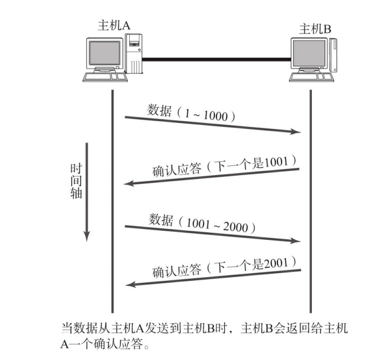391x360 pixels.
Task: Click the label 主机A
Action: [114, 25]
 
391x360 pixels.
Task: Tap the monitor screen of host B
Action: [308, 54]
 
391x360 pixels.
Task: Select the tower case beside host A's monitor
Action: [133, 54]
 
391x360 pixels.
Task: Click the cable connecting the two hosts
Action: [215, 60]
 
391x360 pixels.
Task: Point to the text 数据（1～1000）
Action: [191, 113]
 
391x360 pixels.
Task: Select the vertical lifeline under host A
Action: [113, 205]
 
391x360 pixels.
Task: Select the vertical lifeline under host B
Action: [311, 205]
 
